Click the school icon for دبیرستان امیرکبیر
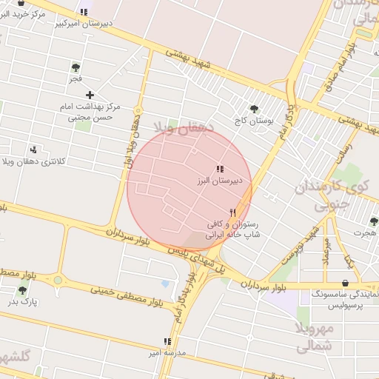(83, 13)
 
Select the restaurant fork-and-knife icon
(233, 212)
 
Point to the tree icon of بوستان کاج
(254, 108)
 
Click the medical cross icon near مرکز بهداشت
(90, 95)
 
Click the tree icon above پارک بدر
(21, 291)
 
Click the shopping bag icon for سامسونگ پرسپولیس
(345, 283)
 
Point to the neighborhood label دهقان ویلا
(183, 128)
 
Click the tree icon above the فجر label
(76, 67)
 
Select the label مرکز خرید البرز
(24, 14)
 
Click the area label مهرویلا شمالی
(315, 337)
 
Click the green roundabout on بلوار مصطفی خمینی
(58, 280)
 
